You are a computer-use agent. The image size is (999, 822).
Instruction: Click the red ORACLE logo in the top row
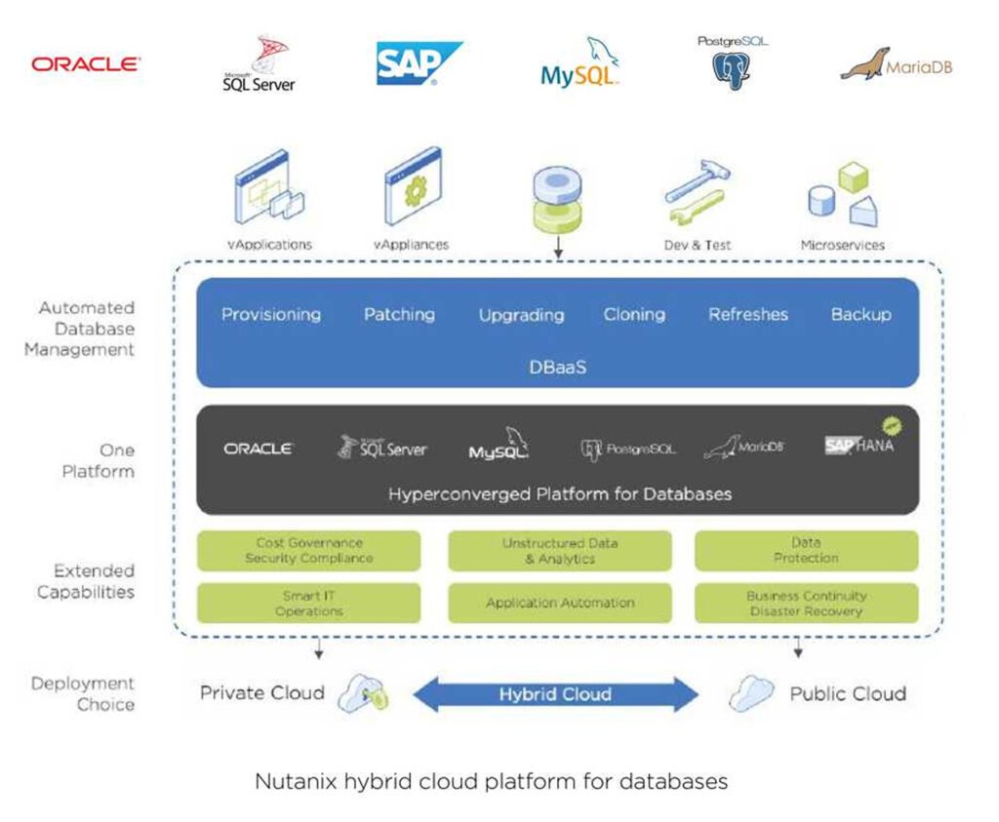[86, 64]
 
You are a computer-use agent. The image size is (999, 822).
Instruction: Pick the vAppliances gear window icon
[413, 186]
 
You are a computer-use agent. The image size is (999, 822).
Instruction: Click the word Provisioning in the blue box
[270, 315]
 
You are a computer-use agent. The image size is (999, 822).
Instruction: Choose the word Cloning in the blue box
[634, 315]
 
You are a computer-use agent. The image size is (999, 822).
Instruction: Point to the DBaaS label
[557, 368]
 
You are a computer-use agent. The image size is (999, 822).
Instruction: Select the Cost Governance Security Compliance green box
[308, 551]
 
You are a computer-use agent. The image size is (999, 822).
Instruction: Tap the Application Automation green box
[559, 604]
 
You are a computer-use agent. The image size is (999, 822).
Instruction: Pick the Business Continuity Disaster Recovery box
[806, 604]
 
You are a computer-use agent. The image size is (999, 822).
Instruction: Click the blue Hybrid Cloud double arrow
[555, 695]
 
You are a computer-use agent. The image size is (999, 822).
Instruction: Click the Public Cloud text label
[847, 694]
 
